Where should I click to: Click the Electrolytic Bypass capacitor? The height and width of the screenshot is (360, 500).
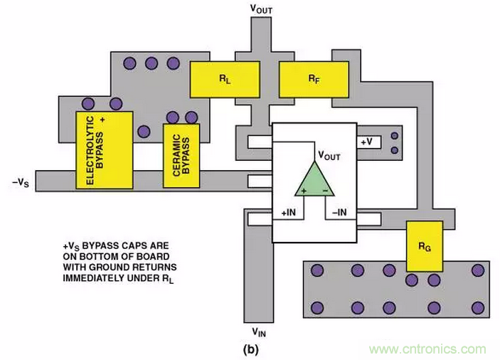coord(104,149)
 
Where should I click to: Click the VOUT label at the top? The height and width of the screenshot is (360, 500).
coord(261,9)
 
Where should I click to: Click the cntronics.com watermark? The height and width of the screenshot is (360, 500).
coord(426,349)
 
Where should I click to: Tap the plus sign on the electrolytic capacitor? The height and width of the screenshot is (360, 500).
coord(103,120)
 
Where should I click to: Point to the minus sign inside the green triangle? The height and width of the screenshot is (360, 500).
coord(325,191)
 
